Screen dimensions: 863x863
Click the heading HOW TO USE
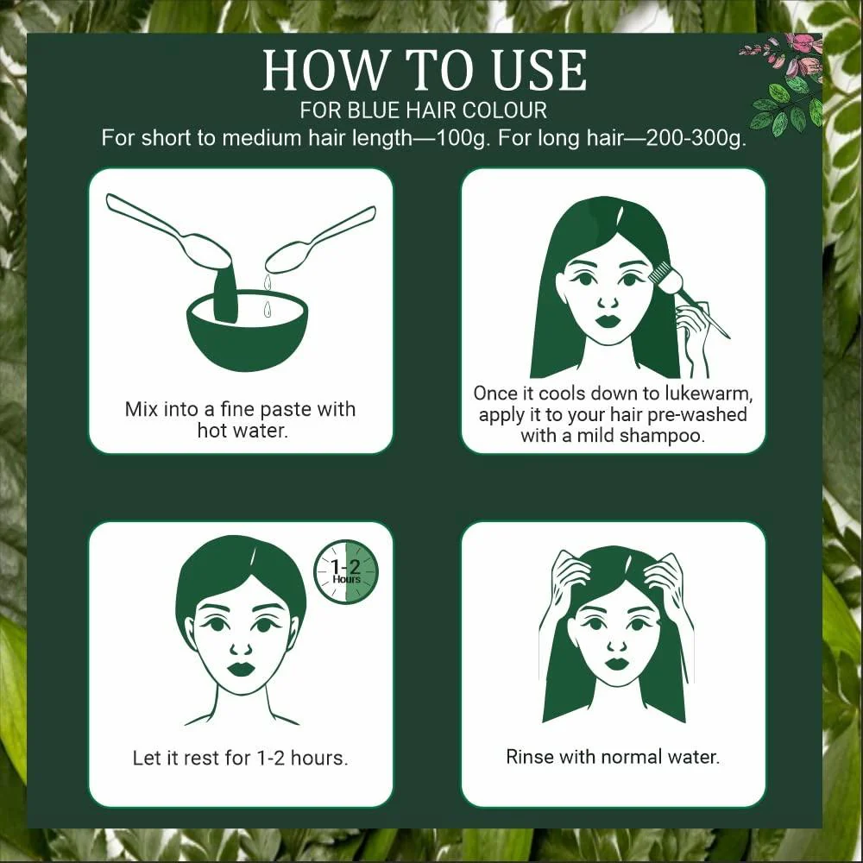pos(424,71)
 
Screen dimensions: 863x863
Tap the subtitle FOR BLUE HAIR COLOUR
pos(424,111)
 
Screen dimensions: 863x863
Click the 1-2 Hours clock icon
pos(346,571)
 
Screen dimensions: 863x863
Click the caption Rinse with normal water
pos(613,757)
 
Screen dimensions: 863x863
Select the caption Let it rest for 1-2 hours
pos(240,759)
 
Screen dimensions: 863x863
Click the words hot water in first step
pos(242,430)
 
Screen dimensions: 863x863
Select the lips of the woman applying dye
pos(609,320)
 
